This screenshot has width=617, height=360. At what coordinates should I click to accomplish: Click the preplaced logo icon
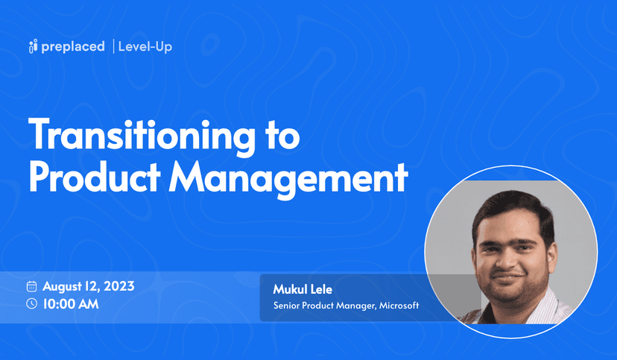33,47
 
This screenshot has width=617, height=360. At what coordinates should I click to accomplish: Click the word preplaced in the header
73,47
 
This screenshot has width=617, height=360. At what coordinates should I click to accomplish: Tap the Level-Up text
145,47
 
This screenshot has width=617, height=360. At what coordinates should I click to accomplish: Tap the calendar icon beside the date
32,286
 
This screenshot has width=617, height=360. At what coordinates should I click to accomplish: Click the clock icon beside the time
32,303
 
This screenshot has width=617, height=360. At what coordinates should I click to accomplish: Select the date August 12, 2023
88,286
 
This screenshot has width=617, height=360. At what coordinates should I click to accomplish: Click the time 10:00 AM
71,303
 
